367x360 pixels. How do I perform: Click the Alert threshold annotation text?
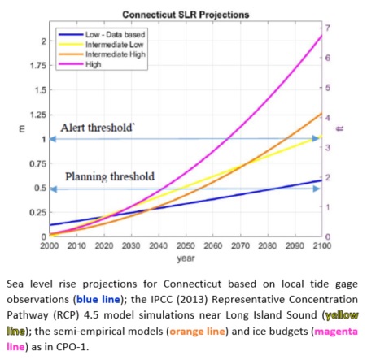pyautogui.click(x=94, y=128)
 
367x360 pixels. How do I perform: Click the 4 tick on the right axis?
pyautogui.click(x=330, y=118)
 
